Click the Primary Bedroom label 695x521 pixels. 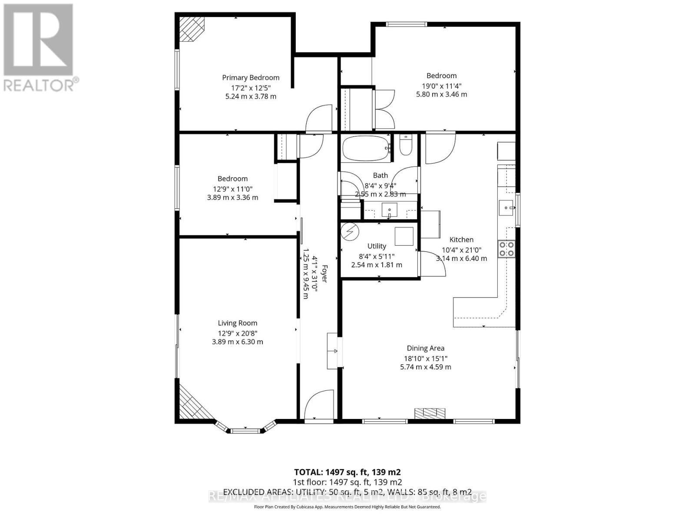251,78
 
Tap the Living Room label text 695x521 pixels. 238,323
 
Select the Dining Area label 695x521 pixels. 425,348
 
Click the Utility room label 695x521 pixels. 377,246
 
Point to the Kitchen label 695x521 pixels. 461,240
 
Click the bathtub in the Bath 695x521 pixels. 365,148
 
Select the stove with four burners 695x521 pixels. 506,249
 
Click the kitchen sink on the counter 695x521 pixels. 506,205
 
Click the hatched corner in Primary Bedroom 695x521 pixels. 192,29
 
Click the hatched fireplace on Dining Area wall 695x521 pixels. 430,413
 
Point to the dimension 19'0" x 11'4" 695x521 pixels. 442,86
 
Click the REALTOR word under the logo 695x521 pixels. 39,85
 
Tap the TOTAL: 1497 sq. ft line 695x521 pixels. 347,472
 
